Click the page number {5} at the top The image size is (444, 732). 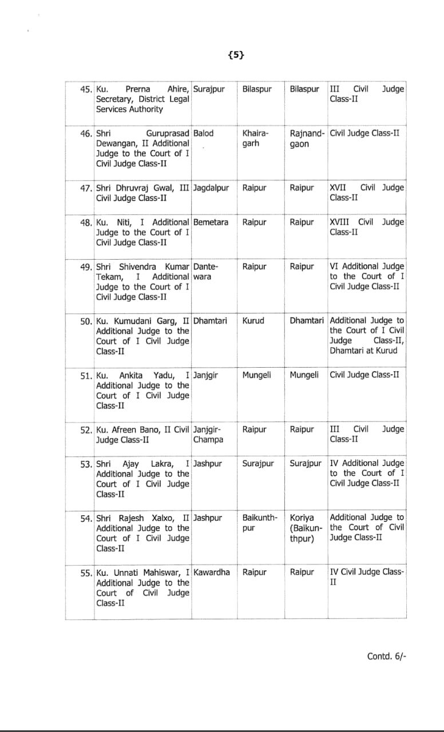[236, 55]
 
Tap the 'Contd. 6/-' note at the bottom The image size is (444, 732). [387, 656]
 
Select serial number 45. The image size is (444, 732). [86, 89]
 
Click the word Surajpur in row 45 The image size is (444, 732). [209, 89]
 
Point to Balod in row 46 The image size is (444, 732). [203, 133]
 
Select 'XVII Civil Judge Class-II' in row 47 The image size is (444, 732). [367, 193]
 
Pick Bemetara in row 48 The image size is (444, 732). [211, 222]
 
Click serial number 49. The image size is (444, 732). [86, 266]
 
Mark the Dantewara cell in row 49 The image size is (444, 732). [206, 272]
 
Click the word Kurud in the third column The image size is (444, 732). [253, 321]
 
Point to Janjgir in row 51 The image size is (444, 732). [206, 375]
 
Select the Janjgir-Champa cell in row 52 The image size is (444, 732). [208, 435]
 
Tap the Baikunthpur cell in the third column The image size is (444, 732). [260, 523]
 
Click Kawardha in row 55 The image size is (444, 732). [212, 572]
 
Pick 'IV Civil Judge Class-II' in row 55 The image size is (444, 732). [367, 577]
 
